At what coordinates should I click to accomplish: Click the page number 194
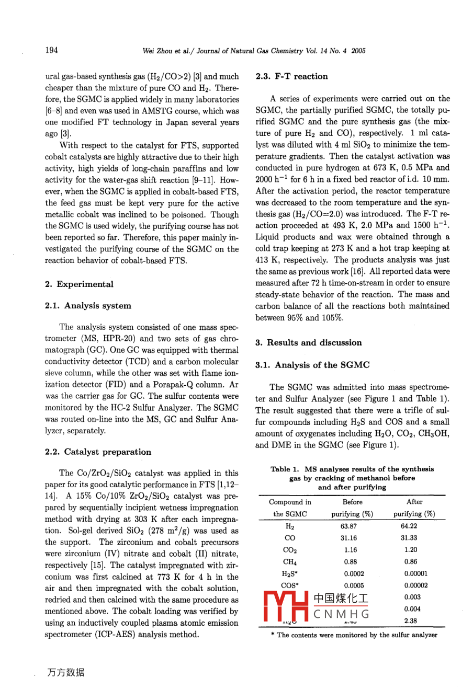click(51, 50)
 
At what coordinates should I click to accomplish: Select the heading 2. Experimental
click(79, 284)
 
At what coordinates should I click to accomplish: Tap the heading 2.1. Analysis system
click(88, 306)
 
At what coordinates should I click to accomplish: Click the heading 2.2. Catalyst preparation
click(98, 452)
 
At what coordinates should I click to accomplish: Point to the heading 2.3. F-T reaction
click(291, 76)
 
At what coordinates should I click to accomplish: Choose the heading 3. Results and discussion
click(308, 343)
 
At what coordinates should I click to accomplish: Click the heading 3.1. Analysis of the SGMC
click(312, 365)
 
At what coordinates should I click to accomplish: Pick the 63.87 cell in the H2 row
click(351, 526)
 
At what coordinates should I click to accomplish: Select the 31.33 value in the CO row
click(409, 538)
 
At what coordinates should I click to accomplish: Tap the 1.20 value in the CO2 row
click(411, 550)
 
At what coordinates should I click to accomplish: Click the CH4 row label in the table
click(290, 562)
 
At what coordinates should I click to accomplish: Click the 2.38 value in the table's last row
click(411, 621)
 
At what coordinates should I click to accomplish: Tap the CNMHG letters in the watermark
click(341, 614)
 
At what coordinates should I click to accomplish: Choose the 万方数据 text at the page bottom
click(65, 673)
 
